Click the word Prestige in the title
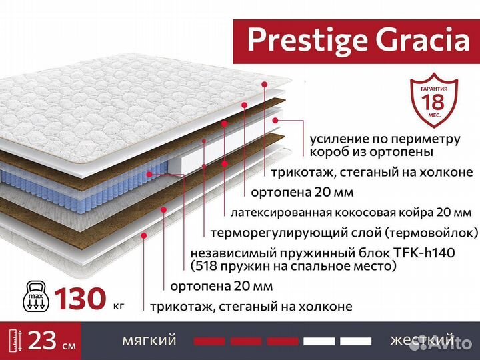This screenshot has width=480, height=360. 297,39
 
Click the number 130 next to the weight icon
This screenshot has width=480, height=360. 80,298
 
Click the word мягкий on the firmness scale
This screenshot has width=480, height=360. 149,340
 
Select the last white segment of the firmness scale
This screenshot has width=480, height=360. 355,341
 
